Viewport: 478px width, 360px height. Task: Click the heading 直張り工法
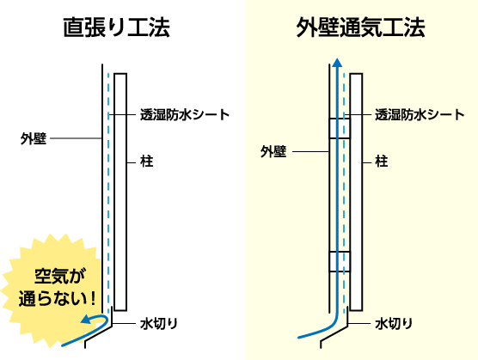pyautogui.click(x=116, y=27)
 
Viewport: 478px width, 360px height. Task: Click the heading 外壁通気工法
pyautogui.click(x=360, y=27)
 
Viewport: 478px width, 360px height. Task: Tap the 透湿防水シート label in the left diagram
pyautogui.click(x=185, y=115)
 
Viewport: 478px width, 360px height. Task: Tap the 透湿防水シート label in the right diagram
pyautogui.click(x=420, y=115)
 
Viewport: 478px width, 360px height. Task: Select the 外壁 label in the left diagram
pyautogui.click(x=34, y=138)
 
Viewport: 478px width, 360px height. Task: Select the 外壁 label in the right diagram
pyautogui.click(x=273, y=151)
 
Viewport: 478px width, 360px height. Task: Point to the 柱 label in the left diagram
pyautogui.click(x=146, y=162)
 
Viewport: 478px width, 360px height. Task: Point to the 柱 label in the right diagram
pyautogui.click(x=382, y=162)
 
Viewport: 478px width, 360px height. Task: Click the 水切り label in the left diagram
pyautogui.click(x=159, y=323)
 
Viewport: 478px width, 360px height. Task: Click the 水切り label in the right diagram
pyautogui.click(x=394, y=323)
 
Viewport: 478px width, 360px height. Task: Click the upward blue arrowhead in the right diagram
pyautogui.click(x=337, y=62)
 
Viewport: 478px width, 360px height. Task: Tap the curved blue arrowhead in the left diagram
pyautogui.click(x=86, y=319)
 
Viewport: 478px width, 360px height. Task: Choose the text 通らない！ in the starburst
pyautogui.click(x=58, y=298)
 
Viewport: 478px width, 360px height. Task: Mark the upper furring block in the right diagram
pyautogui.click(x=340, y=128)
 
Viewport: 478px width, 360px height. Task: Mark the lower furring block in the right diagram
pyautogui.click(x=340, y=261)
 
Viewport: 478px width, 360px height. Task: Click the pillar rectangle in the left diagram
pyautogui.click(x=120, y=192)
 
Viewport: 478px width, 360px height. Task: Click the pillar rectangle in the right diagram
pyautogui.click(x=356, y=192)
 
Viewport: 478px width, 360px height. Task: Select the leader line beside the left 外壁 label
pyautogui.click(x=76, y=138)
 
